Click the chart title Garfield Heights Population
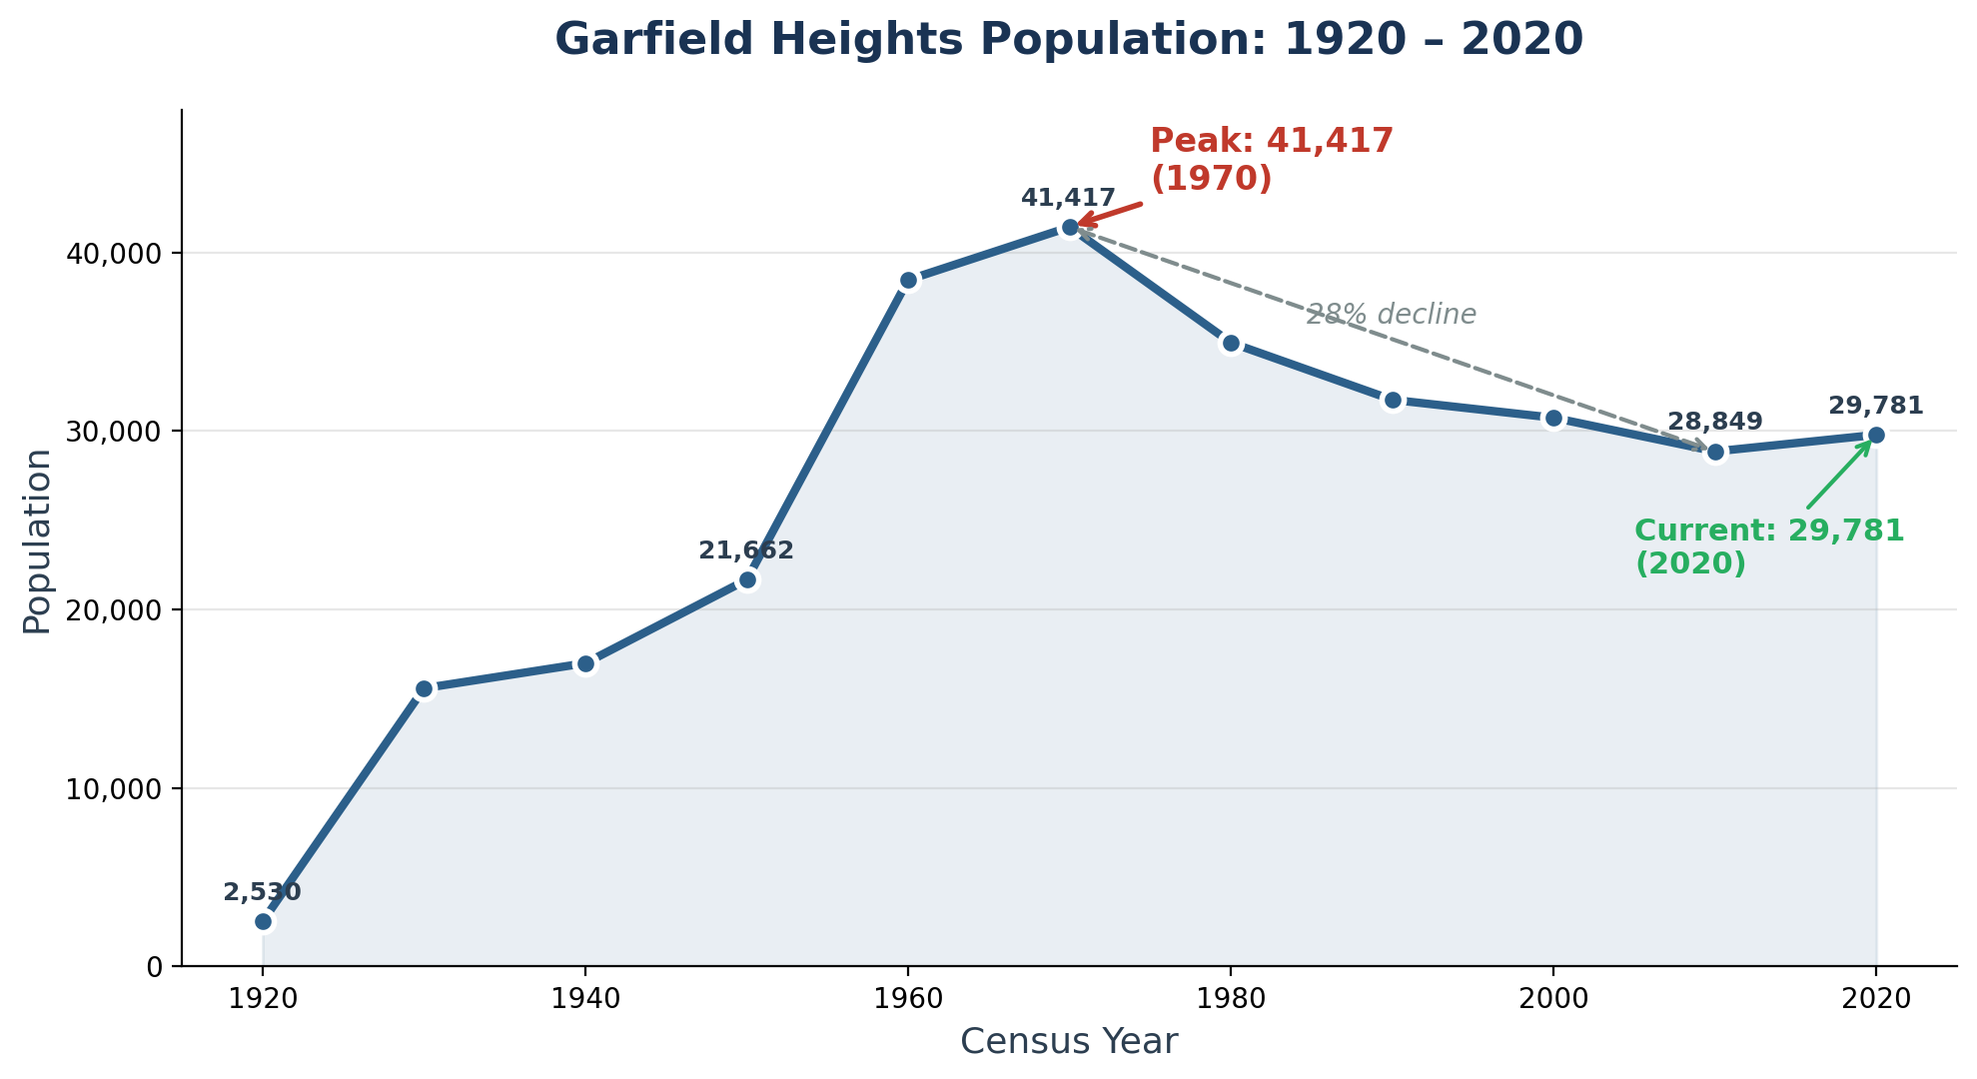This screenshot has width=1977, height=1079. (1068, 40)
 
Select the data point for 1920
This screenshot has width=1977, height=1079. (263, 921)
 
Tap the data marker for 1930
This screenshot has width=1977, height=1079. (425, 688)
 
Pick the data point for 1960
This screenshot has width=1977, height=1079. (908, 280)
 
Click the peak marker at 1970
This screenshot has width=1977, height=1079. (1070, 228)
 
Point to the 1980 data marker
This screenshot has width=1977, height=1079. (1231, 343)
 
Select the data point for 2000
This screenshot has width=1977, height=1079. (1553, 418)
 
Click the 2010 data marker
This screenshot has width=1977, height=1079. (1715, 452)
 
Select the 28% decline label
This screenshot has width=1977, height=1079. (1391, 315)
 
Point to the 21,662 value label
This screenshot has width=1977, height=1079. (745, 550)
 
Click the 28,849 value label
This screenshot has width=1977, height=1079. (1714, 422)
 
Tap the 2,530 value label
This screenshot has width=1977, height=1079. (262, 892)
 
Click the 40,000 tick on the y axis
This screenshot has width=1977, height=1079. (113, 254)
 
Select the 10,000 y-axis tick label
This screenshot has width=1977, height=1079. (113, 789)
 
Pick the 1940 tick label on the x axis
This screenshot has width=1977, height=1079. (585, 999)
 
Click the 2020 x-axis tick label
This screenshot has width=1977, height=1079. (1875, 999)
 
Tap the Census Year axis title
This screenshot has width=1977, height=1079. (1068, 1042)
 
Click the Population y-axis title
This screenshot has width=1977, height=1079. (37, 540)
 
